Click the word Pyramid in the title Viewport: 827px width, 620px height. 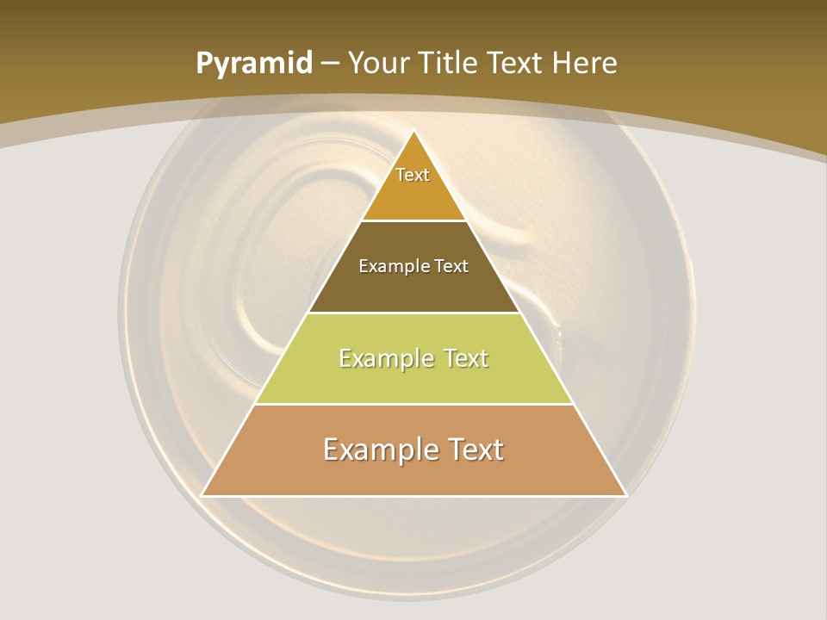[x=253, y=64]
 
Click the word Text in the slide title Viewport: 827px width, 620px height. [x=516, y=63]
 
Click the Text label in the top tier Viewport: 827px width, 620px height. [x=413, y=175]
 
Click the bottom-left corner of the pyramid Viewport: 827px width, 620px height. [x=202, y=496]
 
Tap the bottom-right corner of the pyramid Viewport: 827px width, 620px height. [x=626, y=496]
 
